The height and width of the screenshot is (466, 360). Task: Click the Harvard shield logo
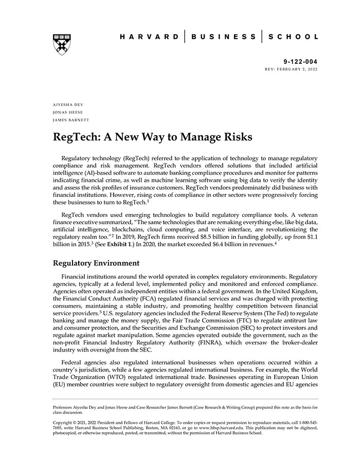(x=62, y=43)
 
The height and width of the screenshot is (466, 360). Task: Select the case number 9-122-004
(x=301, y=61)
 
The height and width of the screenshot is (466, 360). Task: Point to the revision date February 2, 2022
(x=299, y=68)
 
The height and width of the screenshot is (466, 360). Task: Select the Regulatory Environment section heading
(x=96, y=263)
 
